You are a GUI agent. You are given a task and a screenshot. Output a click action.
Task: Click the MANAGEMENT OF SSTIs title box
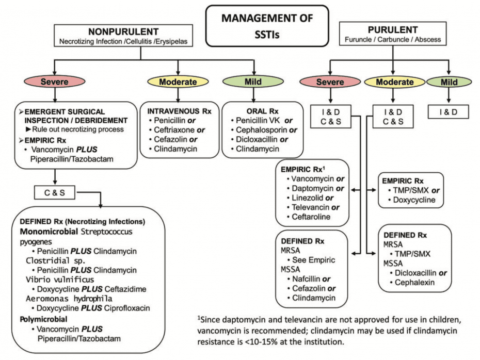click(x=267, y=24)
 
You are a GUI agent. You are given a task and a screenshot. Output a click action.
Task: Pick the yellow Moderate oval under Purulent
click(x=394, y=82)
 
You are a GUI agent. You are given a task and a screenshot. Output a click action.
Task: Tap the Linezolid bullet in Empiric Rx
click(x=307, y=198)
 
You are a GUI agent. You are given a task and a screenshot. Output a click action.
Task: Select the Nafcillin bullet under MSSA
click(x=307, y=279)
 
